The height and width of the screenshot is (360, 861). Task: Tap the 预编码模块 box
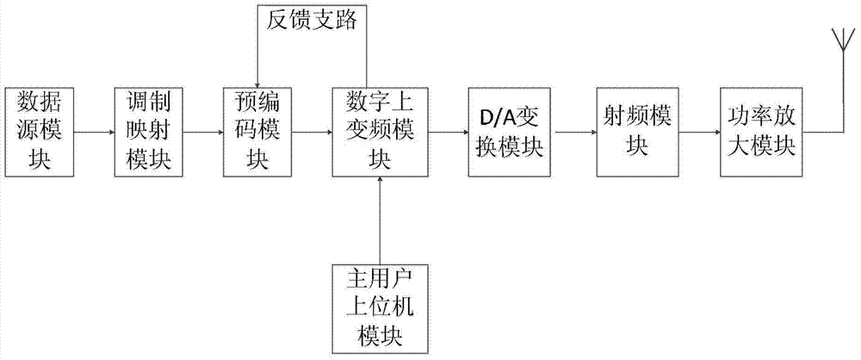[x=257, y=132]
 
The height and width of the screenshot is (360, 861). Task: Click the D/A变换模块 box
[x=506, y=132]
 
